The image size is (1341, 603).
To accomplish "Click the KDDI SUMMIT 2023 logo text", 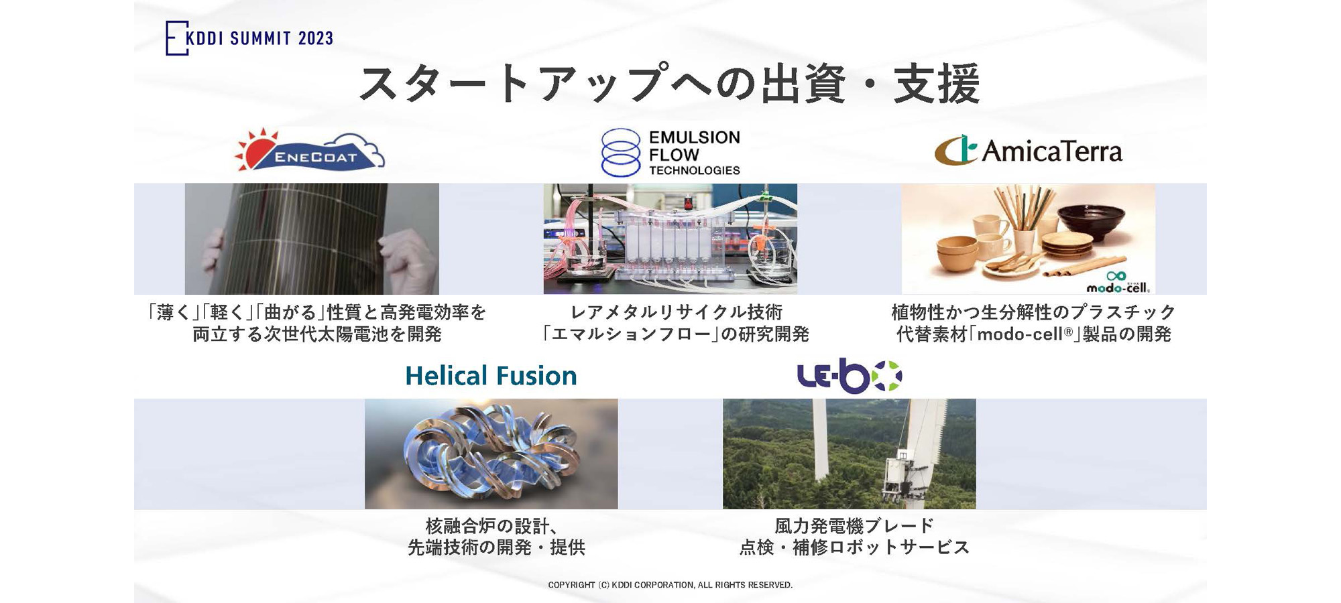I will click(x=258, y=38).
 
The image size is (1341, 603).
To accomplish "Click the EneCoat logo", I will click(x=310, y=151).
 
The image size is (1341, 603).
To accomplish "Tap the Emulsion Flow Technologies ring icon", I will click(x=621, y=153).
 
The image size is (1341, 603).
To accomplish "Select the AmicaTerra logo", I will click(x=1029, y=151).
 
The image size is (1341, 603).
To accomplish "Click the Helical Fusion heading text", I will click(x=491, y=376).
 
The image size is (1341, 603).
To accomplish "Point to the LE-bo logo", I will click(x=849, y=376).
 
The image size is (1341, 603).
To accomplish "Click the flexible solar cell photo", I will click(x=312, y=239).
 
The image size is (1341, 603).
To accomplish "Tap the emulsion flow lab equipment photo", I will click(x=670, y=239).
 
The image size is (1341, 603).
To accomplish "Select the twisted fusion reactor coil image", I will click(x=491, y=454).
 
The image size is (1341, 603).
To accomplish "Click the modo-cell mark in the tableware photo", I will click(x=1118, y=283).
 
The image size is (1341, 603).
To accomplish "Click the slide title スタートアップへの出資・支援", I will click(x=670, y=84).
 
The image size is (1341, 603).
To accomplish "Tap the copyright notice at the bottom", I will click(x=670, y=585).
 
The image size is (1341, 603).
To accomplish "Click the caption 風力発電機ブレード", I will click(x=854, y=526).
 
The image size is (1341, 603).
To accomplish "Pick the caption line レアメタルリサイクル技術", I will click(x=676, y=312).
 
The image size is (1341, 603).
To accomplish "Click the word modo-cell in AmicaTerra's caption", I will click(x=1020, y=334).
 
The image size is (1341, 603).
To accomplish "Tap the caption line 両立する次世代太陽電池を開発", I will click(x=316, y=334).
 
